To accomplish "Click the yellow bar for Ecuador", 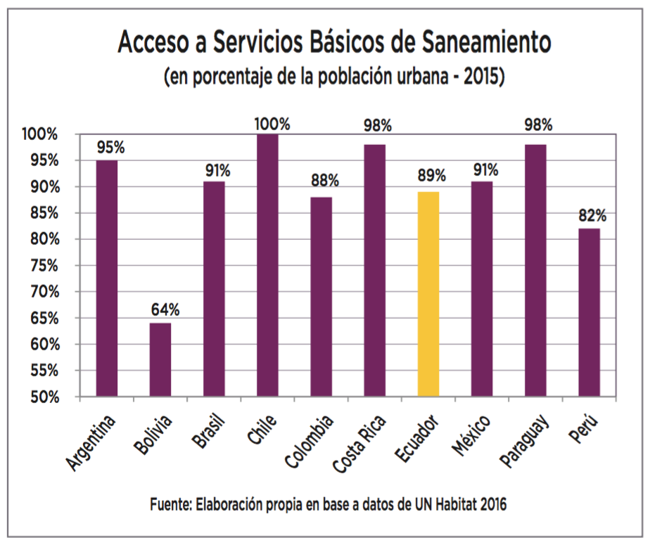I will point(428,294).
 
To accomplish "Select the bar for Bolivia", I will point(160,359).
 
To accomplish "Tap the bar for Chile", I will point(267,265).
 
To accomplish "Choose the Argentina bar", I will point(106,278).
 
